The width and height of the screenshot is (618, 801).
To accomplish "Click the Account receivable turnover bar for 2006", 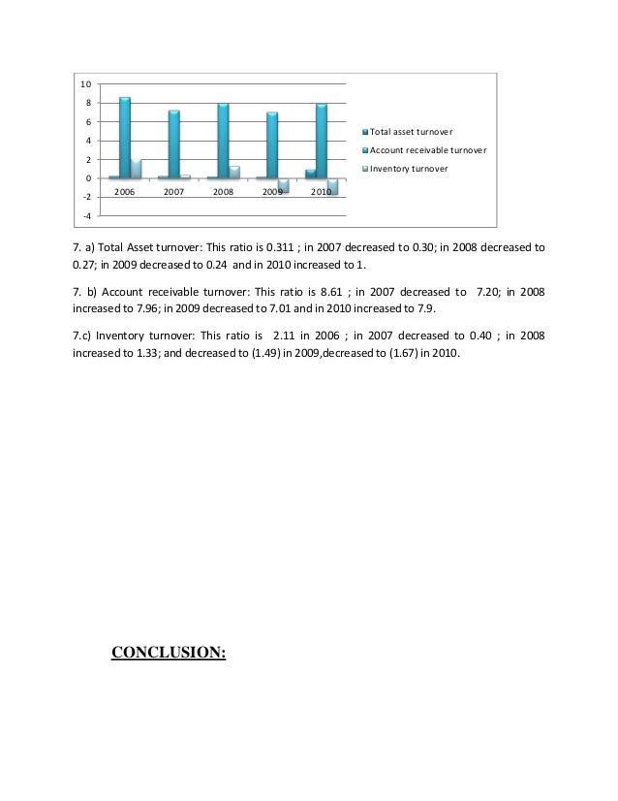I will click(125, 138).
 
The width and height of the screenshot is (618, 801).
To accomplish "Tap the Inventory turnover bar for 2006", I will click(137, 169).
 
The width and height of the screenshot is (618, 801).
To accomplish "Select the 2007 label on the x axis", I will click(174, 193).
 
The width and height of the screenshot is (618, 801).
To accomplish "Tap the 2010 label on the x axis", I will click(322, 193).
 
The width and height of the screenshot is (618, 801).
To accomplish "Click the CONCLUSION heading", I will click(169, 652).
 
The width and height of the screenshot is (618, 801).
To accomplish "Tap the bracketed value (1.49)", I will click(279, 352).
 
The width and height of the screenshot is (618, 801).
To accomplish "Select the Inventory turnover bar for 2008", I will click(234, 173).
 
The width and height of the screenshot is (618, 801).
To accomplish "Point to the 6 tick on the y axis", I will click(86, 122).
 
